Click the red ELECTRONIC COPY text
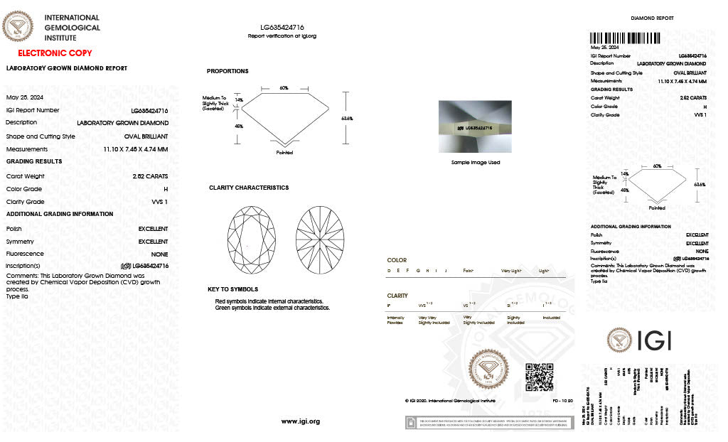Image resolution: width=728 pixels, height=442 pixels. [55, 53]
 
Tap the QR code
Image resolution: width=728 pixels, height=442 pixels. [539, 377]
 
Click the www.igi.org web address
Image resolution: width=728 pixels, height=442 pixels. [301, 421]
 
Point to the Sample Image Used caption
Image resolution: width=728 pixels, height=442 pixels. [475, 163]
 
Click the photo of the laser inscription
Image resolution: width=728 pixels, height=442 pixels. [475, 126]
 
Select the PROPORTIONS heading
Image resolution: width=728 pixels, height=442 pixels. [227, 71]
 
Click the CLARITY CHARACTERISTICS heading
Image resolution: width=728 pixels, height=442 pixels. [249, 188]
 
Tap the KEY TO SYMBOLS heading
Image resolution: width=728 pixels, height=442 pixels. [232, 289]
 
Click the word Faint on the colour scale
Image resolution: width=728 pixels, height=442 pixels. [469, 271]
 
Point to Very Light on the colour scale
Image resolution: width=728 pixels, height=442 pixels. [511, 271]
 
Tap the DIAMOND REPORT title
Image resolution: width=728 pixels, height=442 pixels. [652, 18]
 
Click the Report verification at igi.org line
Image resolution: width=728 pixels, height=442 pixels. [282, 36]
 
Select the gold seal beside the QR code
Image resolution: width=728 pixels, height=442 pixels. [491, 371]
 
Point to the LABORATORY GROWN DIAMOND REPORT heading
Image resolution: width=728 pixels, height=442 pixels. [67, 68]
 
